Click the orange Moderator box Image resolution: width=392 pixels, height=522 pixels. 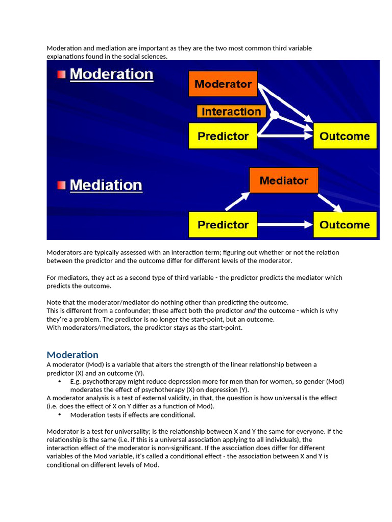[223, 84]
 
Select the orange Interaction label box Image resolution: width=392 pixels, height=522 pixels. [231, 112]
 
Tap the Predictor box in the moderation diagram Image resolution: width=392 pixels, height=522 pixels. [223, 136]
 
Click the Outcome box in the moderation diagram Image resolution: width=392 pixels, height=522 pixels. [345, 136]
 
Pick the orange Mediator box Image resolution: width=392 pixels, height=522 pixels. [284, 180]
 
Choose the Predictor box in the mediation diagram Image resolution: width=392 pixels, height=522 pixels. [223, 225]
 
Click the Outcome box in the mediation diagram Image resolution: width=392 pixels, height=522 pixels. [345, 225]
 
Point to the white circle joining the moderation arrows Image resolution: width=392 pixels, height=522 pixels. [275, 115]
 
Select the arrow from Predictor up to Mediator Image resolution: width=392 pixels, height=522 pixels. [237, 201]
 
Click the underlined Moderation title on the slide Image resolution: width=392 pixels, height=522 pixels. [111, 74]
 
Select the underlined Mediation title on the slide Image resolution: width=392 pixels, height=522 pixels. [106, 185]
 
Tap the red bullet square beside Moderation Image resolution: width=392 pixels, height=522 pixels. [61, 74]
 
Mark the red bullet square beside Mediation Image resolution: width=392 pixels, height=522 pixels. [61, 185]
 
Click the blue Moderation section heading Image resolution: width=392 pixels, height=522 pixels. [72, 355]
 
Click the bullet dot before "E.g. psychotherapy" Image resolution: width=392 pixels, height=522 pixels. [60, 381]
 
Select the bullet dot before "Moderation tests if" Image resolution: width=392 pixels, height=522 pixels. [60, 415]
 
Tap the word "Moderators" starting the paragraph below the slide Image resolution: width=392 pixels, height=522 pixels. [64, 252]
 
